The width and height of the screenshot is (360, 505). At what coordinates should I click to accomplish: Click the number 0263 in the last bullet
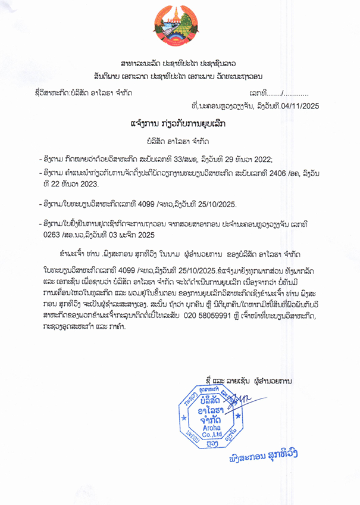pos(51,234)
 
